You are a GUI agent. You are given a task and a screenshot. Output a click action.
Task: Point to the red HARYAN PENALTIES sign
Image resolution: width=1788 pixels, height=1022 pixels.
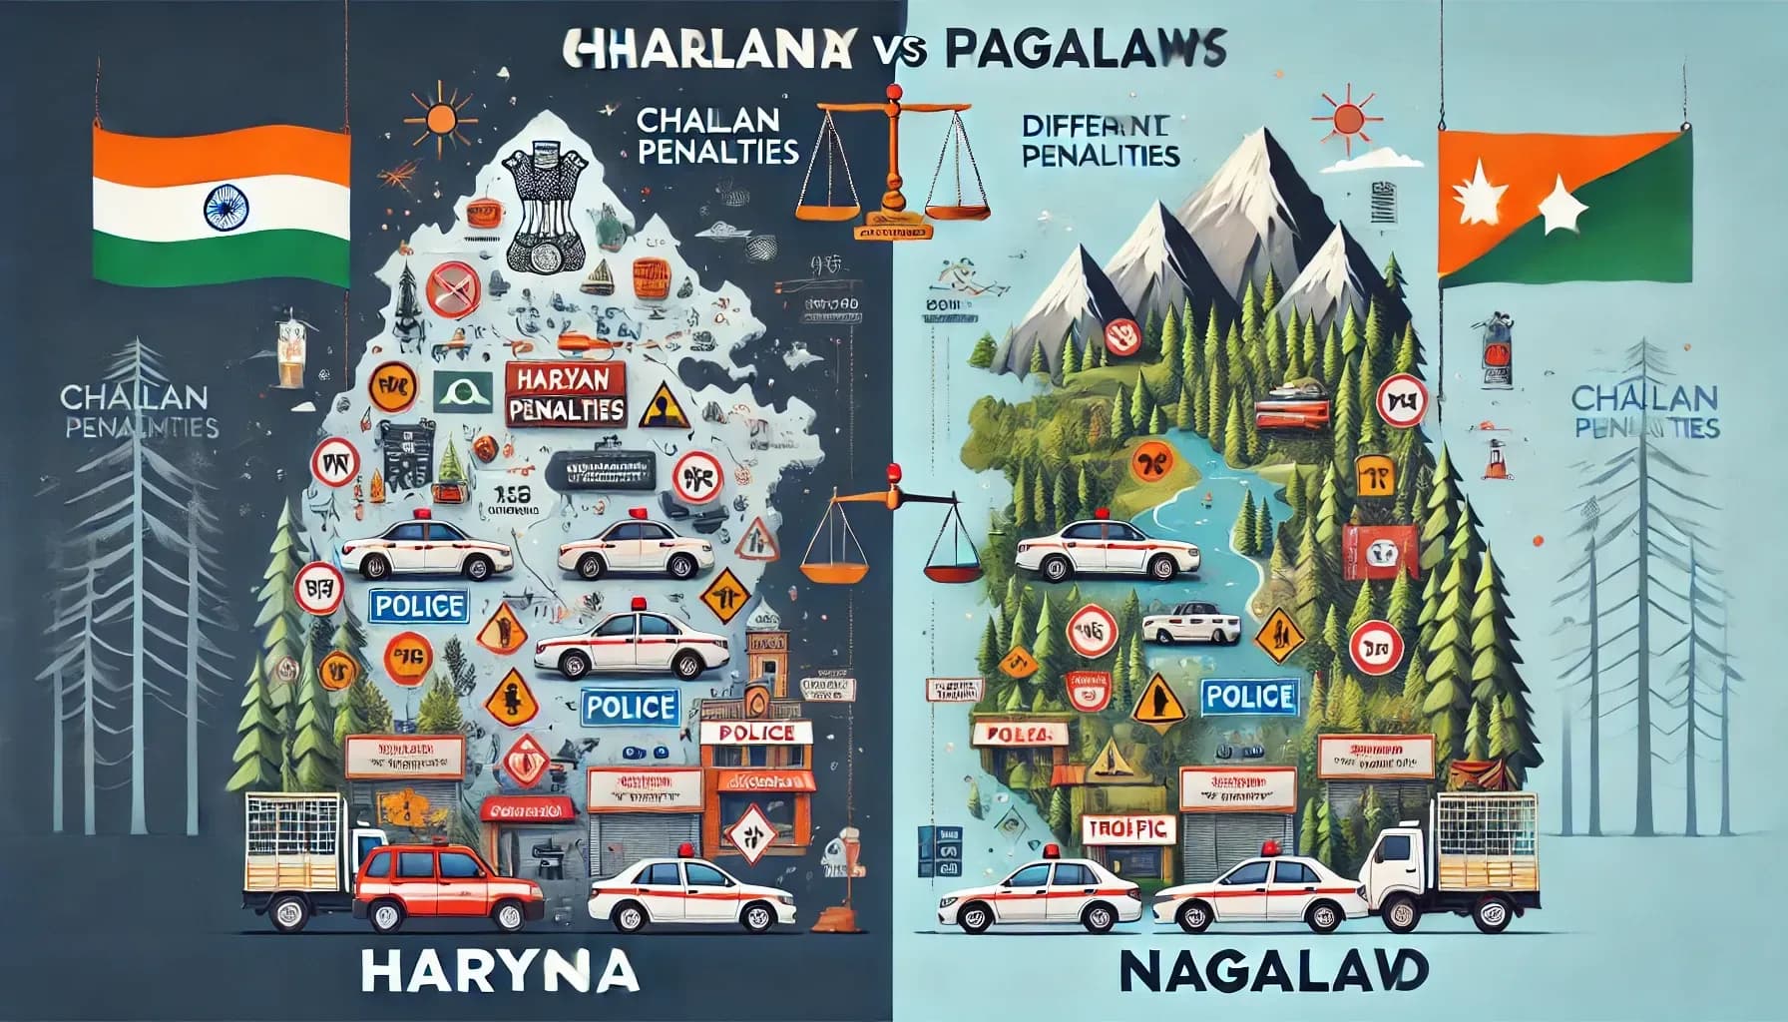tap(566, 395)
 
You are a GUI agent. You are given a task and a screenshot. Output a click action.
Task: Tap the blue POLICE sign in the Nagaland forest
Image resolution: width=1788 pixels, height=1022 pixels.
tap(1249, 696)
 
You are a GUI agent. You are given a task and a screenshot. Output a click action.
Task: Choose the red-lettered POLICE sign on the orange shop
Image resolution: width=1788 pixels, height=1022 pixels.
tap(756, 734)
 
